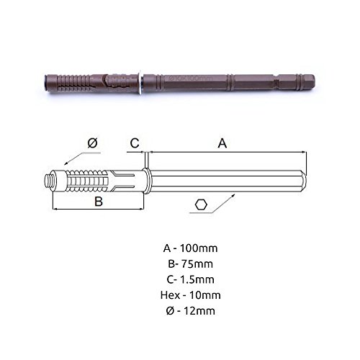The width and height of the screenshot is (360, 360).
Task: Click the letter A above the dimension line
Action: (222, 143)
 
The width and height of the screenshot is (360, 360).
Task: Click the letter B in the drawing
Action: (99, 202)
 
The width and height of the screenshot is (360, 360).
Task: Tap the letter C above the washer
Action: (135, 143)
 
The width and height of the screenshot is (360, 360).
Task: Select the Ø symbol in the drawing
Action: (93, 143)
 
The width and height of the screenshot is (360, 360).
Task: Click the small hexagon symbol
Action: (201, 205)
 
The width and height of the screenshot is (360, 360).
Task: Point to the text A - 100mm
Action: (190, 248)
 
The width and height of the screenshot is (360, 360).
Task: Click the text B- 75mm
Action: (190, 264)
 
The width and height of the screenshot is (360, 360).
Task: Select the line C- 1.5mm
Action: (190, 279)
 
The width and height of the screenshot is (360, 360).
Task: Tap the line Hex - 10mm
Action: (190, 295)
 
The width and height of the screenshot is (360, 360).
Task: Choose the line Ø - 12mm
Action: (190, 311)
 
